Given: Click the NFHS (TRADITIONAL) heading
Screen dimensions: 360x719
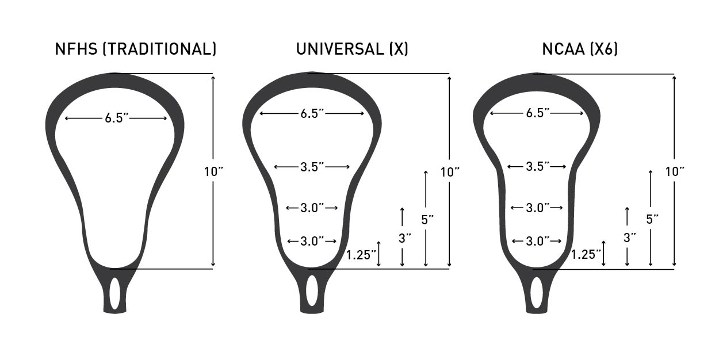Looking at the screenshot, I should pos(136,49).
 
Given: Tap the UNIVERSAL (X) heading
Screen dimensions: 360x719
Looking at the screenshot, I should pos(352,49).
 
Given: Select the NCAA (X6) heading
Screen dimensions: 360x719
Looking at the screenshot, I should pos(580,49).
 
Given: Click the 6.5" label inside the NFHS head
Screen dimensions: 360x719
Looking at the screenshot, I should pos(116,118).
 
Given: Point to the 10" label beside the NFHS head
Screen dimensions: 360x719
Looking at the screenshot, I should pos(213,171).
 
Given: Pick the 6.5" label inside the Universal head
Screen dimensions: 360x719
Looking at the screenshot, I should pos(312,113).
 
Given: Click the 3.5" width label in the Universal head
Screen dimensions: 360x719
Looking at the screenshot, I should pos(312,167).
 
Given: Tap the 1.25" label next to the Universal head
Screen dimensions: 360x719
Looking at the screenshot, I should pos(361,254).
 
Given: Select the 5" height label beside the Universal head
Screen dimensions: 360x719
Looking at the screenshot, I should pos(427,219).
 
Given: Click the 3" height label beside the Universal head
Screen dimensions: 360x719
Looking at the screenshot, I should pos(404,237).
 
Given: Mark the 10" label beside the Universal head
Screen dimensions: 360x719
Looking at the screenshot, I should pos(450,171).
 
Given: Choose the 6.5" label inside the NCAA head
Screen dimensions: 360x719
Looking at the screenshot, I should pos(538,113).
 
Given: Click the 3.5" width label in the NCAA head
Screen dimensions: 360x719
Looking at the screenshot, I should pos(538,167).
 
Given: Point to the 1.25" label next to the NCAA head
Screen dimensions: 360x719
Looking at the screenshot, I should pos(586,254).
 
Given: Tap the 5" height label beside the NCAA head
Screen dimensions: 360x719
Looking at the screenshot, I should pos(652,219).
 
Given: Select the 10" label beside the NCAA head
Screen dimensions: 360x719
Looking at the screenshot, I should pos(675,171).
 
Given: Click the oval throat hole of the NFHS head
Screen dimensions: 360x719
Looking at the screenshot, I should pos(115,292).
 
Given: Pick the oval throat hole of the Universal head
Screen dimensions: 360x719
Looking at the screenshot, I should pos(312,290).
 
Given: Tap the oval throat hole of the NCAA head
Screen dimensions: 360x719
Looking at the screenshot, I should pos(537,292).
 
